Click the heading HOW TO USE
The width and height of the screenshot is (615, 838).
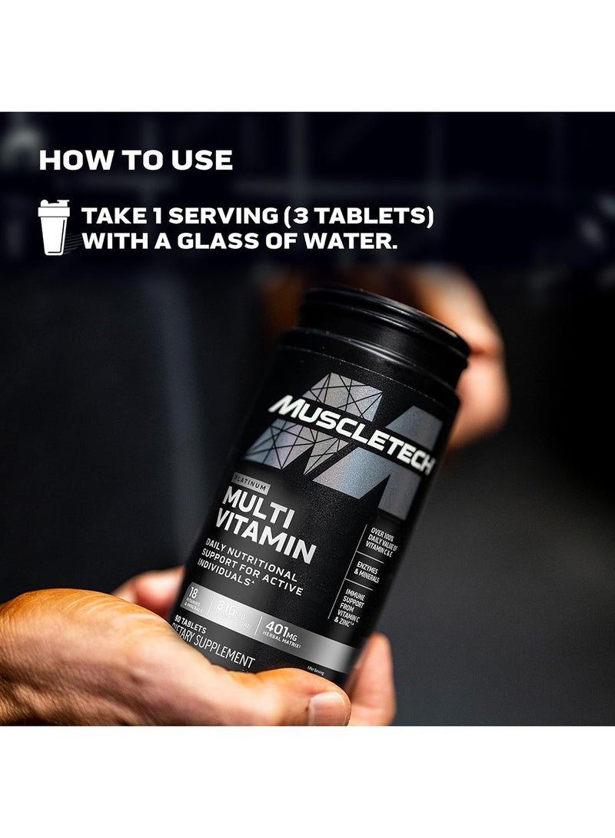point(135,161)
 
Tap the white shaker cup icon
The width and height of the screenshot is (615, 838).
point(54,227)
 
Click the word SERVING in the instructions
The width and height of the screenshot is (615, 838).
point(201,217)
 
